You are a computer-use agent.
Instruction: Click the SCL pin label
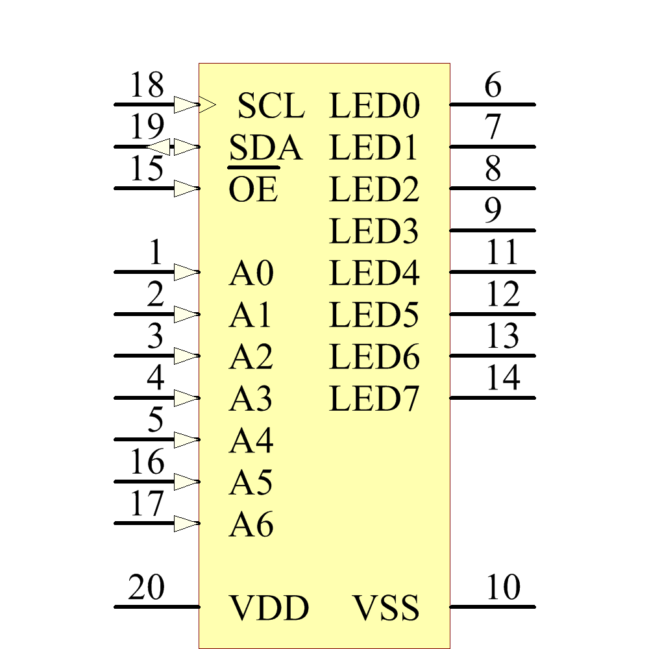[271, 106]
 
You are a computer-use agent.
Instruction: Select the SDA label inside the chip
[265, 149]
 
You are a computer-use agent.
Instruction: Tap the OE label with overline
[253, 190]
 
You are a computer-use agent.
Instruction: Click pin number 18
[147, 86]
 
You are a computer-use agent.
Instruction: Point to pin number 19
[147, 128]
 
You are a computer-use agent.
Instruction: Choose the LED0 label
[374, 106]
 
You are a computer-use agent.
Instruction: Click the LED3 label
[374, 232]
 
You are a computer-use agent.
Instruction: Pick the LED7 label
[374, 399]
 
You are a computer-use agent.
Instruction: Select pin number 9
[493, 211]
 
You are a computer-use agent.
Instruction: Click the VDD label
[269, 609]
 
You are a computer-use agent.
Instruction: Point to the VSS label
[386, 609]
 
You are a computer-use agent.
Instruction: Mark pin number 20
[147, 589]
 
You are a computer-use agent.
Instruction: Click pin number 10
[503, 589]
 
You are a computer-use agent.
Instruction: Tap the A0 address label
[251, 274]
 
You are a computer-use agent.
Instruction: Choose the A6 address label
[251, 525]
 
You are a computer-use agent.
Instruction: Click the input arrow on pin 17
[186, 524]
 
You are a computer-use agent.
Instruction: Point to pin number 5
[156, 421]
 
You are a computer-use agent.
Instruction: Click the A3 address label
[251, 399]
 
